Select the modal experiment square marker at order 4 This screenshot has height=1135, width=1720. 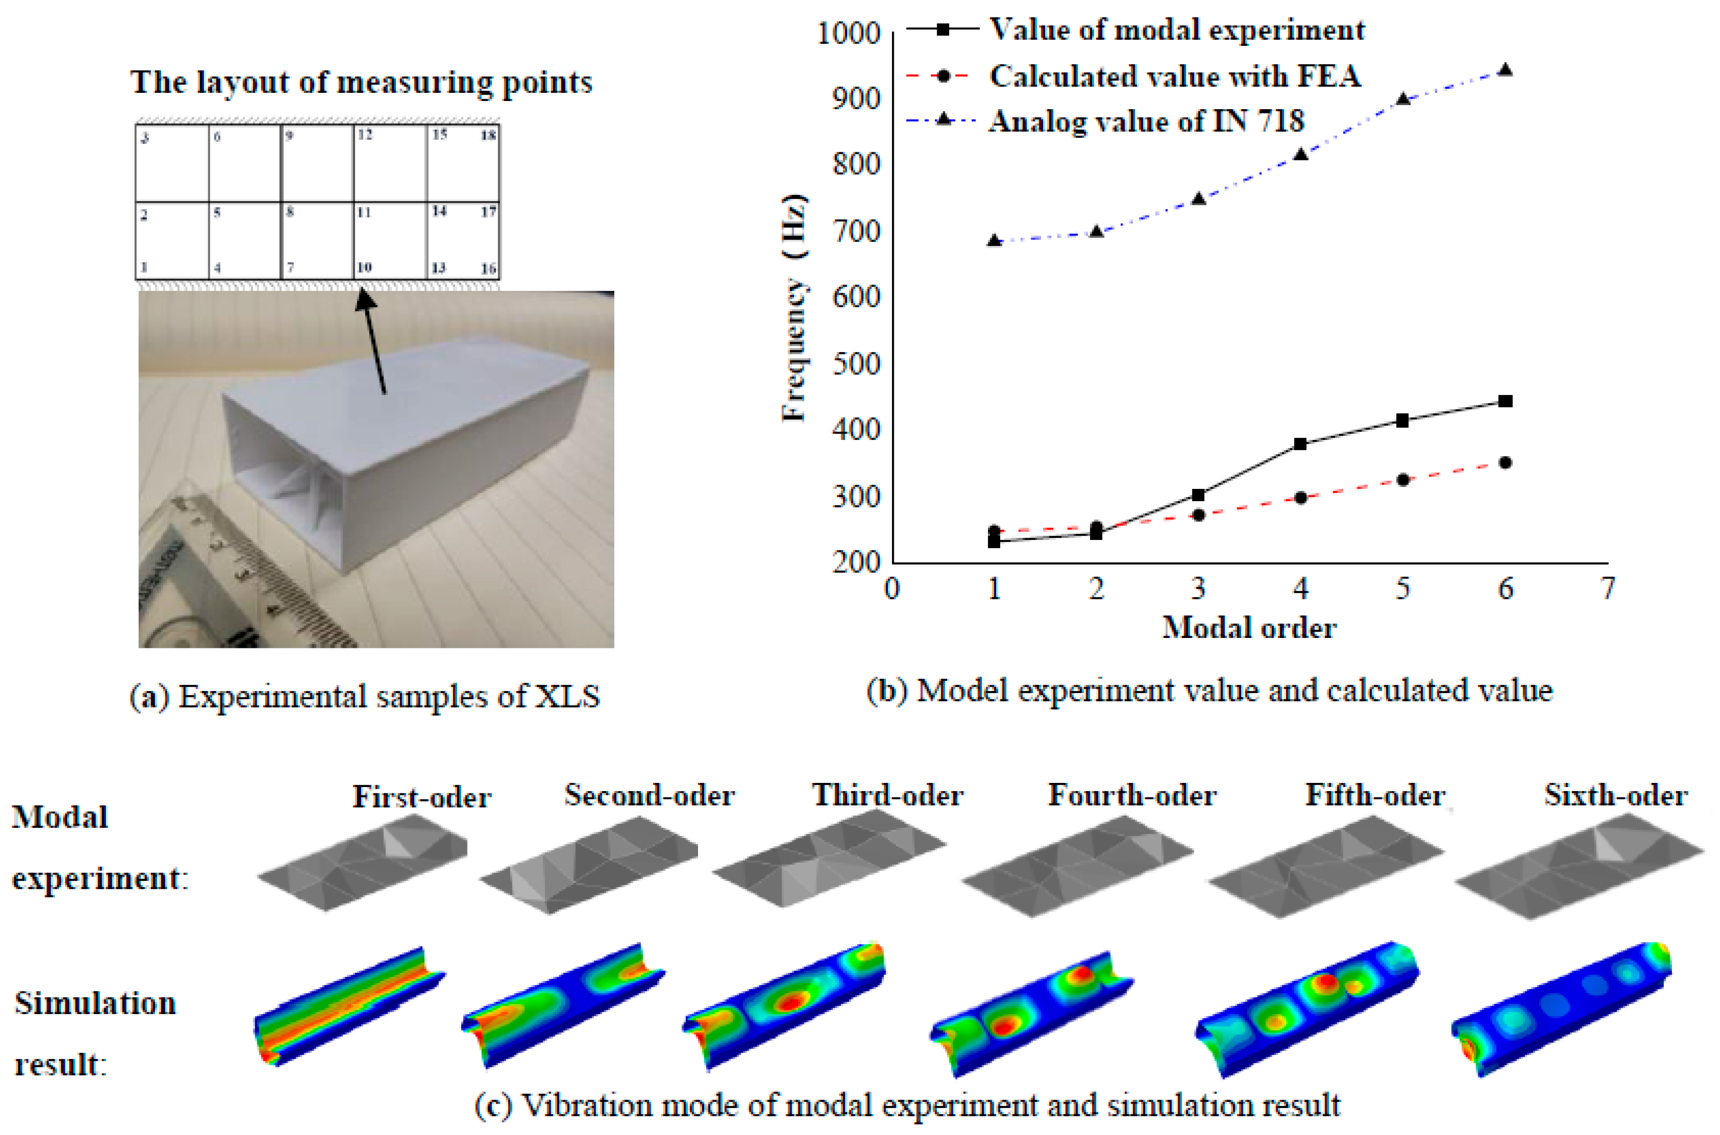point(1301,444)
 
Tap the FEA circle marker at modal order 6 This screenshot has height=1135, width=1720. point(1505,463)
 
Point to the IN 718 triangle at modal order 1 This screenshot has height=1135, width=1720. point(994,240)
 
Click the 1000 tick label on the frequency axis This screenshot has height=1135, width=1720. point(848,33)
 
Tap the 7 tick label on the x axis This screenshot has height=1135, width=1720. point(1607,589)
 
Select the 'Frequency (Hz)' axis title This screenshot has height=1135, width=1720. point(795,308)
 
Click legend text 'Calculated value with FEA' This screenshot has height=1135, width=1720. point(1175,76)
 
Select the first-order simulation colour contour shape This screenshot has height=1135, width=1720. point(347,1006)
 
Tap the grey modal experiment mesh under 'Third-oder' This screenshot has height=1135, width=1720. point(829,861)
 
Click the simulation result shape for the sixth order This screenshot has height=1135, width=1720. point(1563,1010)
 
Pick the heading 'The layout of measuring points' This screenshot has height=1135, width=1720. point(361,82)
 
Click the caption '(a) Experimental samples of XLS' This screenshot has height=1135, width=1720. point(364,696)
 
